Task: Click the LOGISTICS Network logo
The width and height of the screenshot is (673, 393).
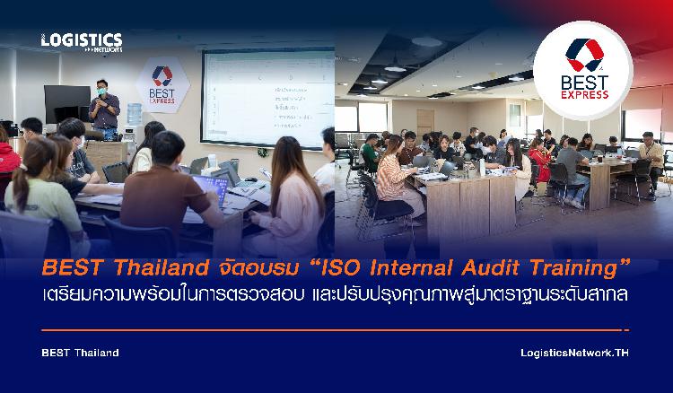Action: point(82,42)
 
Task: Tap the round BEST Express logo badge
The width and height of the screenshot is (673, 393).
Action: point(583,70)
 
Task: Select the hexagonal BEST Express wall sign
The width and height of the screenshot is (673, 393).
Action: point(162,85)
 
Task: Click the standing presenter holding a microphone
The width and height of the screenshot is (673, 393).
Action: point(104,109)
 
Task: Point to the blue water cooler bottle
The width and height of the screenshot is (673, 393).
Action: point(135,114)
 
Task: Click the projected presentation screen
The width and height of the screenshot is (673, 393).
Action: point(268,98)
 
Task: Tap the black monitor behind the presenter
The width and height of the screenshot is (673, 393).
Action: point(67,104)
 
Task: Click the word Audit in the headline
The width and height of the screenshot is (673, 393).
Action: point(490,268)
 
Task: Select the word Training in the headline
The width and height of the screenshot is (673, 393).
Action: point(574,269)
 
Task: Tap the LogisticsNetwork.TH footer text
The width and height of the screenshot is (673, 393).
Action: point(574,354)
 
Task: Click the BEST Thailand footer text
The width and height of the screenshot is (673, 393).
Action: point(80,353)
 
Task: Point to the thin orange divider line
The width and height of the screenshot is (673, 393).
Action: point(336,330)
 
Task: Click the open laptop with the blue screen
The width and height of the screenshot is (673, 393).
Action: point(210,188)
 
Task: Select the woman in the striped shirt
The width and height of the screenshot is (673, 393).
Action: point(393,176)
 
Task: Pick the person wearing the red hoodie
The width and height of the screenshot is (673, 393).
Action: point(8,157)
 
